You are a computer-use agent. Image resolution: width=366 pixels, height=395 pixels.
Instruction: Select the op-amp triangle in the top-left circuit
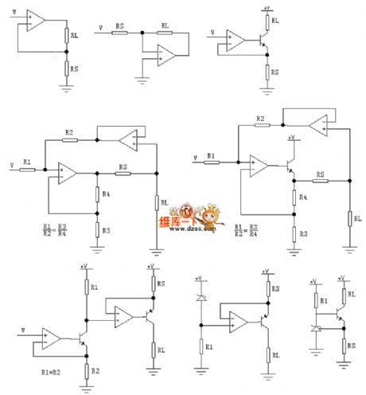(x=35, y=20)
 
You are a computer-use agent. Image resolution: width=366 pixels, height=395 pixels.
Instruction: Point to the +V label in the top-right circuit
(x=265, y=8)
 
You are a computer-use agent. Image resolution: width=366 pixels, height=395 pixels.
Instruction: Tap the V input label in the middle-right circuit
(x=197, y=158)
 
